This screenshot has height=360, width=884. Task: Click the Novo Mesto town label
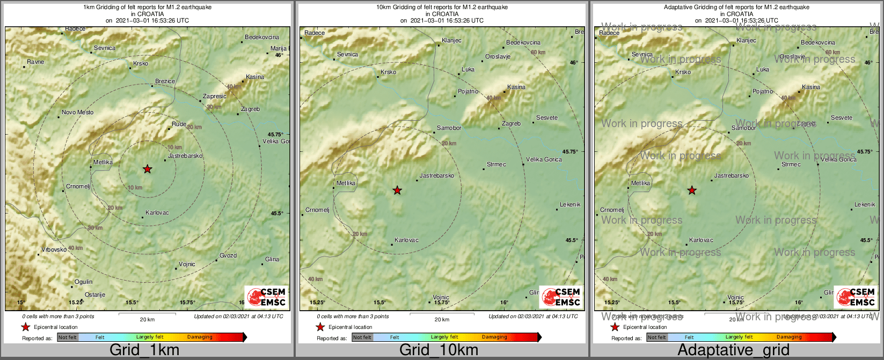tap(77, 113)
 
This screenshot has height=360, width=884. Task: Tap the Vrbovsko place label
tap(54, 249)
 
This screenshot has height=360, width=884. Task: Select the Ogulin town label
tap(84, 282)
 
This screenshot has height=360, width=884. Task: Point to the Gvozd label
tap(228, 255)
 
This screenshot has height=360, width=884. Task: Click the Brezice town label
tap(165, 82)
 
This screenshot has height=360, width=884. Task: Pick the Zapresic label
tap(215, 97)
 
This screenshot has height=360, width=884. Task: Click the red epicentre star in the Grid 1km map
tap(148, 169)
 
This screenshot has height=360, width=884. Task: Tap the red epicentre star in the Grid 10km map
tap(397, 190)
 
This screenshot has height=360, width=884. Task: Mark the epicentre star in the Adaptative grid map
tap(692, 190)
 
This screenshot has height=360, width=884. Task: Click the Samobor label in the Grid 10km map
tap(449, 128)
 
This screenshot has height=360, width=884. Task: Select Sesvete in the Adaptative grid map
tap(841, 118)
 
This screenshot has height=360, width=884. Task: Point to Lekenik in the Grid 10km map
tap(570, 205)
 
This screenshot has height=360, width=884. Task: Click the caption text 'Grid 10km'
tap(439, 350)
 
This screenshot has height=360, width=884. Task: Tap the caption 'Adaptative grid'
tap(733, 350)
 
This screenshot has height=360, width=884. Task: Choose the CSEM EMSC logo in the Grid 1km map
tap(266, 297)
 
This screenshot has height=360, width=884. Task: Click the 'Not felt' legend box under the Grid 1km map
tap(68, 337)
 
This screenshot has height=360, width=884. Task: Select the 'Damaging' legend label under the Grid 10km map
tap(494, 337)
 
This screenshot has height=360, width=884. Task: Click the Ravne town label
tap(35, 62)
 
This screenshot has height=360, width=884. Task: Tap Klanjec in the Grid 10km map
tap(451, 41)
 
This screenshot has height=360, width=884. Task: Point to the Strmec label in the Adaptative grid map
tap(791, 165)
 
